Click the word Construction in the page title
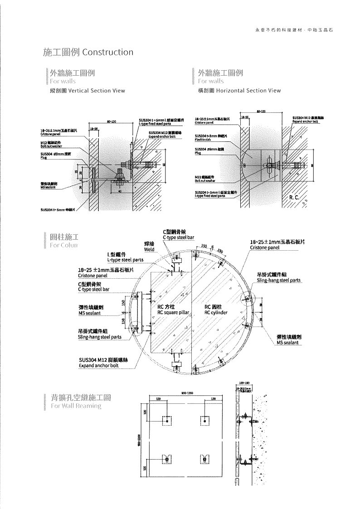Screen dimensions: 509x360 (x=108, y=52)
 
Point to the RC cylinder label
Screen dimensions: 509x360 (x=216, y=313)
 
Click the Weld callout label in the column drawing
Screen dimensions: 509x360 (x=149, y=250)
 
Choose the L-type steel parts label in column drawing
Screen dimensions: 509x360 (x=126, y=260)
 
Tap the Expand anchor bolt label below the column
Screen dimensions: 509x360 (x=98, y=365)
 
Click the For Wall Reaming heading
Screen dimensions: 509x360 (x=76, y=406)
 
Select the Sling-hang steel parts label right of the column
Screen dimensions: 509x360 (x=278, y=281)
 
